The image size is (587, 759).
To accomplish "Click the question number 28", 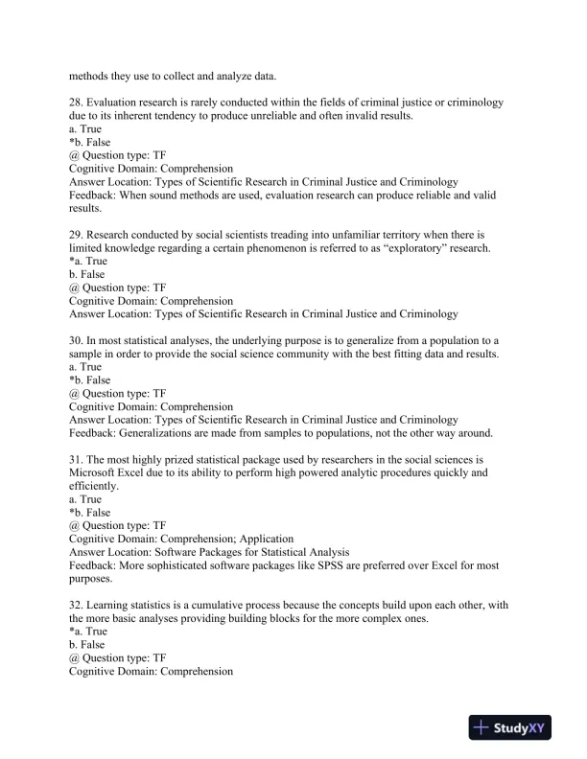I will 76,102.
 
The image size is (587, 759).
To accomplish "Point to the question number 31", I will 76,459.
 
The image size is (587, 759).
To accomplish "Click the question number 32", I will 76,606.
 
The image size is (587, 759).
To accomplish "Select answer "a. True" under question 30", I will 85,366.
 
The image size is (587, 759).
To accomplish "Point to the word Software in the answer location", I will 175,552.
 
